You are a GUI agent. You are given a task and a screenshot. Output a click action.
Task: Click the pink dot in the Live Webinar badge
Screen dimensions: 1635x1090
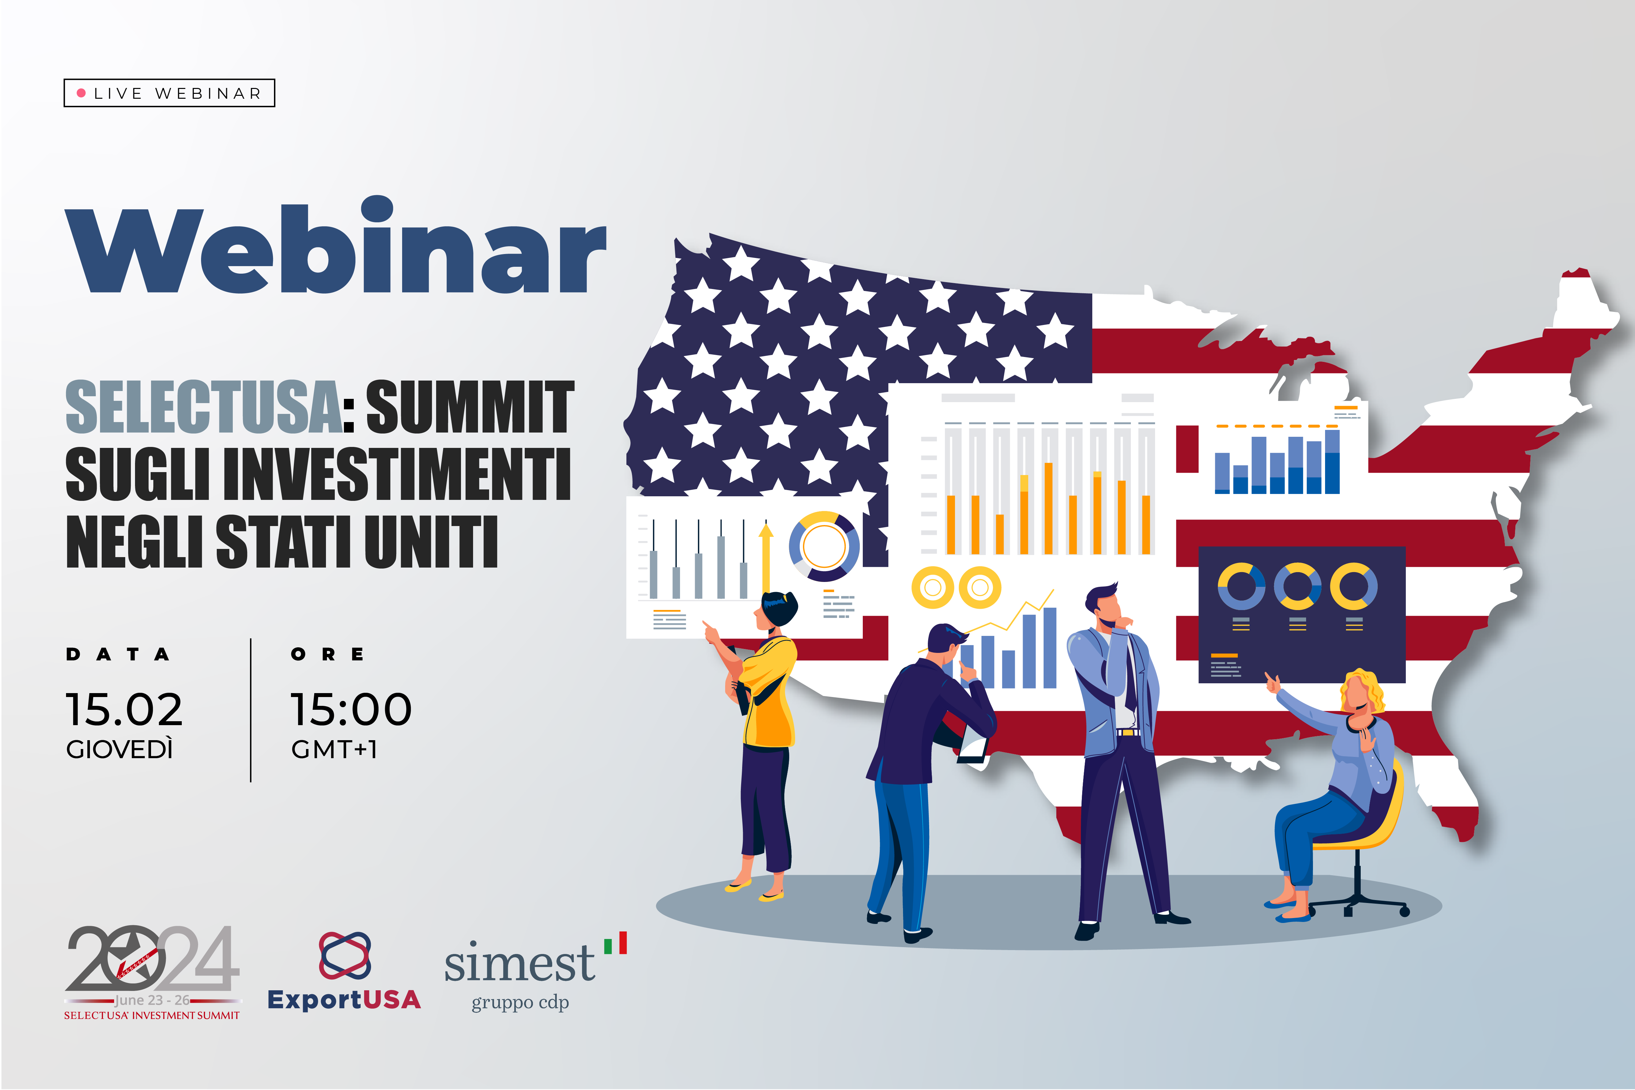point(81,93)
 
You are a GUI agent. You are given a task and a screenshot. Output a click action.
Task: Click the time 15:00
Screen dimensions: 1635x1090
point(351,710)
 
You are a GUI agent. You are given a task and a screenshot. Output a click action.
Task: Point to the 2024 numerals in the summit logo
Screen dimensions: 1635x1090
point(153,958)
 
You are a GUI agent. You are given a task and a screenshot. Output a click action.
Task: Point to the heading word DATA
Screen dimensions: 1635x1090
point(118,654)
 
